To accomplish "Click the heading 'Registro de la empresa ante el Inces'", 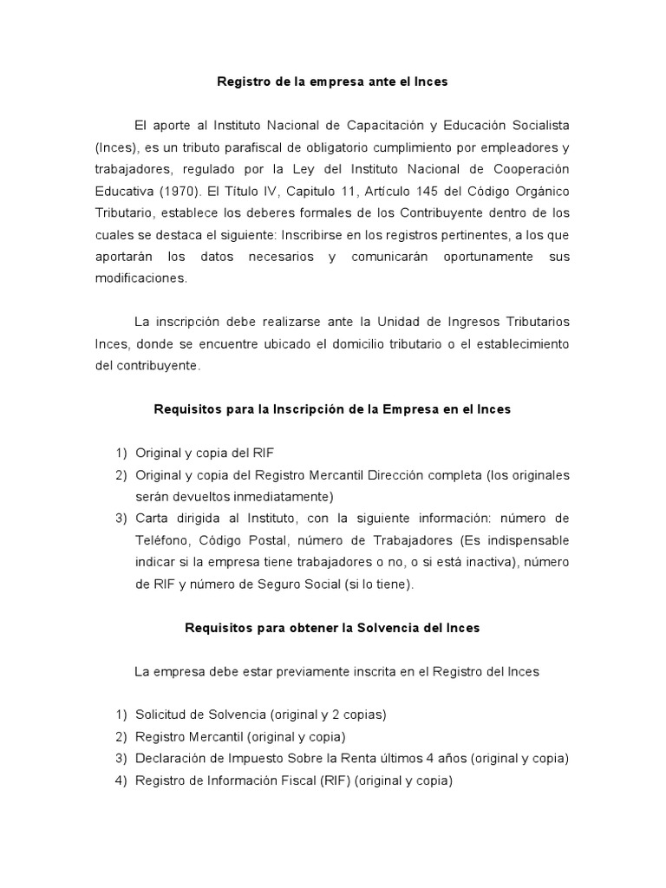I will click(332, 82).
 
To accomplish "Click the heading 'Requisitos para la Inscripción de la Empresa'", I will click(332, 409).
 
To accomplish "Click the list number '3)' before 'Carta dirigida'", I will click(121, 519).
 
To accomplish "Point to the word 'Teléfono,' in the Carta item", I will click(162, 540).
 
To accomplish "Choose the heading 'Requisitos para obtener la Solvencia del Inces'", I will click(332, 628).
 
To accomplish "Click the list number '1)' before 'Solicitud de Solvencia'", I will click(121, 715).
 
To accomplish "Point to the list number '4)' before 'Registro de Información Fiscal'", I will click(121, 780).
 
